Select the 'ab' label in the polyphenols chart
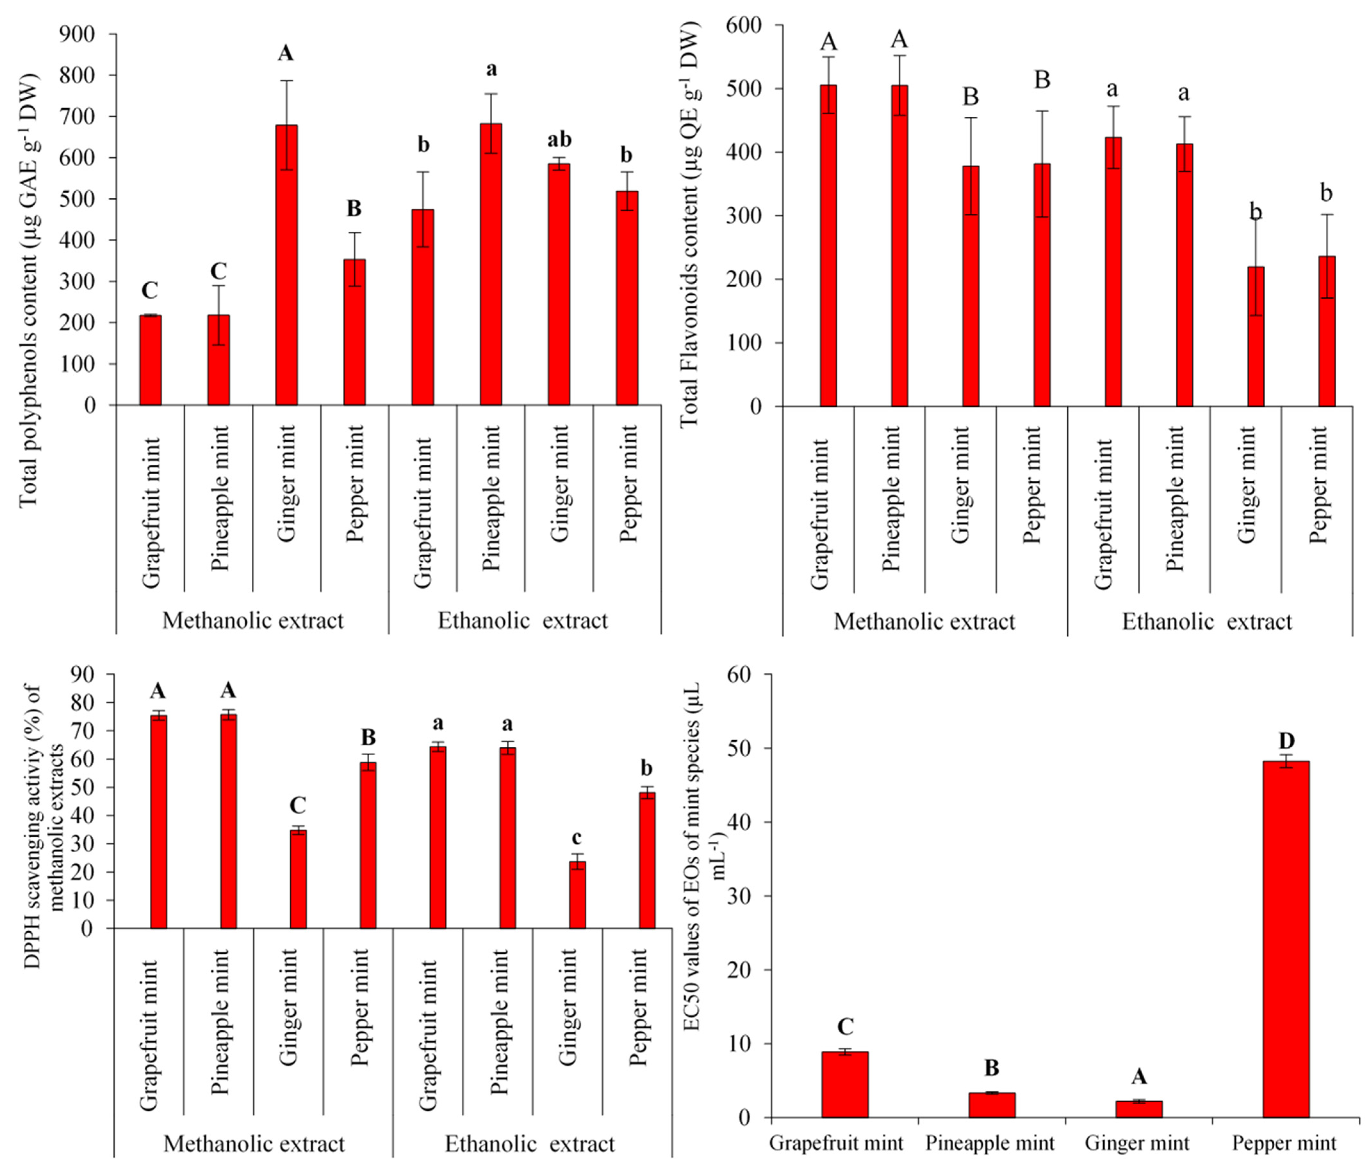pyautogui.click(x=559, y=140)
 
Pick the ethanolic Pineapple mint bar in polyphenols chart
pyautogui.click(x=491, y=265)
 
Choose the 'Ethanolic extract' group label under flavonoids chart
pyautogui.click(x=1207, y=622)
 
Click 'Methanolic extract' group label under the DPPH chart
pyautogui.click(x=254, y=1144)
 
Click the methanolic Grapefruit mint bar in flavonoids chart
pyautogui.click(x=828, y=245)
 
